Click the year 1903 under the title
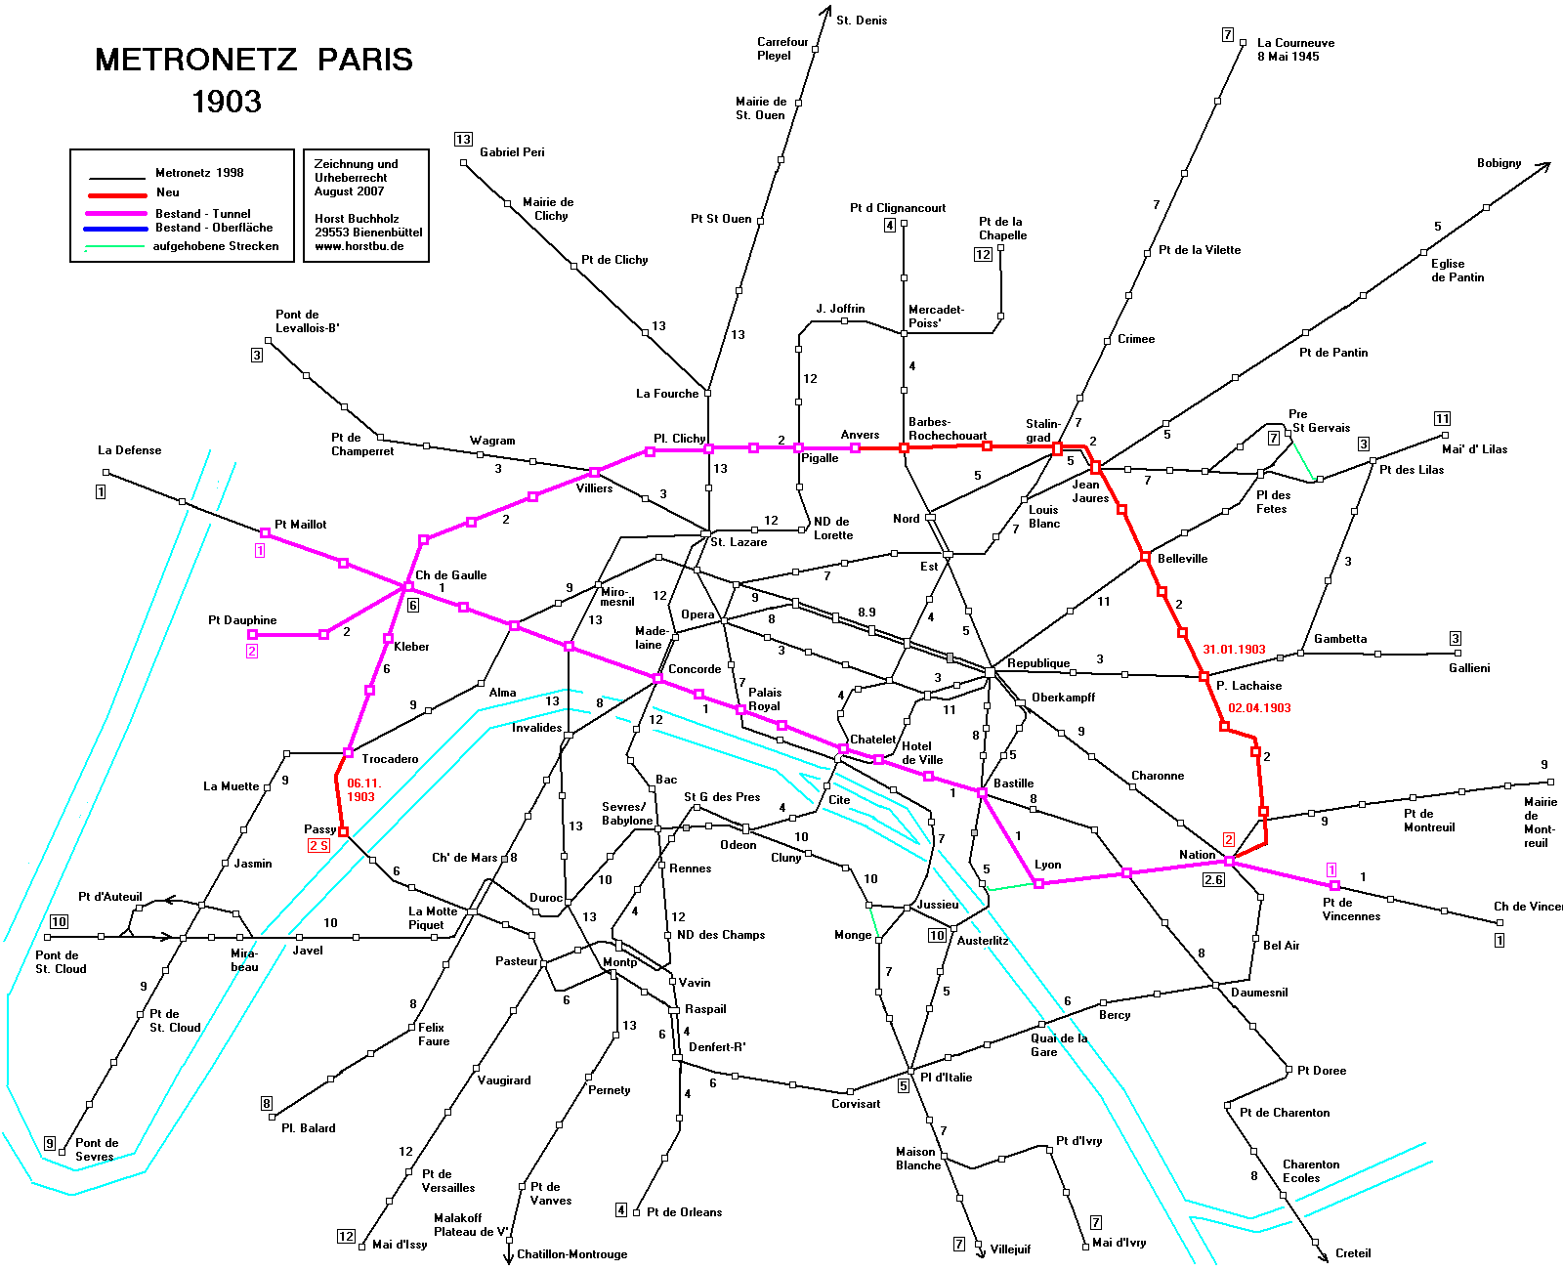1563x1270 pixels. (x=227, y=102)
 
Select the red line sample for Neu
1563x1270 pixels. (x=117, y=194)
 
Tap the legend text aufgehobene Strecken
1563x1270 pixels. (x=215, y=246)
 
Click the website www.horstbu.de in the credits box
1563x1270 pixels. (x=359, y=246)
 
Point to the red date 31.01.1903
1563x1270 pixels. (x=1234, y=650)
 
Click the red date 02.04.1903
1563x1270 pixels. (x=1259, y=708)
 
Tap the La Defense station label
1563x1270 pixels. (x=129, y=450)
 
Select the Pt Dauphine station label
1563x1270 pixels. (x=242, y=620)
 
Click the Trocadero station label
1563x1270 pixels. (x=390, y=759)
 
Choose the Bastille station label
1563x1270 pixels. (x=1013, y=783)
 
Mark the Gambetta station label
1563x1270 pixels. (x=1340, y=639)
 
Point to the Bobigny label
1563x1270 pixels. (x=1499, y=163)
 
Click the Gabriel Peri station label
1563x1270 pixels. (x=512, y=152)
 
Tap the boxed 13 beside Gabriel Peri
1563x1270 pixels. (x=463, y=140)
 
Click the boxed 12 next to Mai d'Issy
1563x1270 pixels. (x=346, y=1236)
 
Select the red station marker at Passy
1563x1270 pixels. (x=343, y=831)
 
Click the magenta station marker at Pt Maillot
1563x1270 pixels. (x=265, y=532)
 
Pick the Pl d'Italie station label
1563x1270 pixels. (x=946, y=1078)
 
